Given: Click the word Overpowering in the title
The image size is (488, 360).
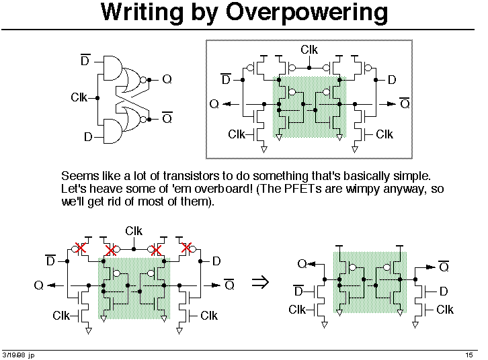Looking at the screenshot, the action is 307,13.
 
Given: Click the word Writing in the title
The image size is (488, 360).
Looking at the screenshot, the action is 142,13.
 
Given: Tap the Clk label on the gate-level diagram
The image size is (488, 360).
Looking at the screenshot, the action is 79,97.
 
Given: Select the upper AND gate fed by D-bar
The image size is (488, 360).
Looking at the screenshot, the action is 113,68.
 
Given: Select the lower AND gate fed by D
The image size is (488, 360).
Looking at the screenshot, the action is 113,131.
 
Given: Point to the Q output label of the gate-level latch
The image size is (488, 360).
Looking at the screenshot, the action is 167,79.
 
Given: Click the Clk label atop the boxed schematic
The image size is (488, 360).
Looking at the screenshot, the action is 309,50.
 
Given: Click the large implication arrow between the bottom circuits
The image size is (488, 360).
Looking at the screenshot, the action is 260,282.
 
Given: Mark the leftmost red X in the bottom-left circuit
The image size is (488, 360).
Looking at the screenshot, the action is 81,248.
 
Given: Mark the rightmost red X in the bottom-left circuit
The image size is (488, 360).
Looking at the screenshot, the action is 186,248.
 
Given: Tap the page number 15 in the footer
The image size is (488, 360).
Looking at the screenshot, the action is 469,355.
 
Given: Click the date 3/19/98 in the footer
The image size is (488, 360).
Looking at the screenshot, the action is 14,355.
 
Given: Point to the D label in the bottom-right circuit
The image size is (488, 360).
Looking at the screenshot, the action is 444,291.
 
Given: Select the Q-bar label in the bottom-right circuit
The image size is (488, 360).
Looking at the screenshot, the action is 444,266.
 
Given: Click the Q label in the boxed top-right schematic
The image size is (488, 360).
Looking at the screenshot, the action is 214,103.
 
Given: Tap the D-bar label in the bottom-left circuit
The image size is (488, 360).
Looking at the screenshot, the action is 50,261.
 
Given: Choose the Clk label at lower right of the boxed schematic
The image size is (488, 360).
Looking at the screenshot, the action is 384,134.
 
